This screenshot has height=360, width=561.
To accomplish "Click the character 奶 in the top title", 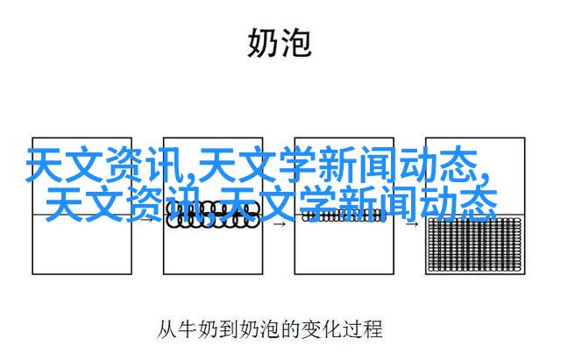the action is click(x=262, y=43).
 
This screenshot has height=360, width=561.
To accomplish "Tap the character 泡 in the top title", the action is click(x=295, y=43).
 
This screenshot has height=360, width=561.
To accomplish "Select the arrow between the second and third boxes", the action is click(x=279, y=224).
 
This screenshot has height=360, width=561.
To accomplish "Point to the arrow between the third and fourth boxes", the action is click(x=412, y=224).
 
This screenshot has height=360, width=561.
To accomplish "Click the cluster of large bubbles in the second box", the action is click(x=213, y=214).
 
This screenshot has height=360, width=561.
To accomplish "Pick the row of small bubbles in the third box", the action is click(x=344, y=215).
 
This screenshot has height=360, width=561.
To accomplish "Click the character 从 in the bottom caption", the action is click(x=167, y=329).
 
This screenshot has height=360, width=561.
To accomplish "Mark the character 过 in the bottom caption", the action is click(x=352, y=329).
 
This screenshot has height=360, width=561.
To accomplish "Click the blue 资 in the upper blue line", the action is click(x=126, y=165).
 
